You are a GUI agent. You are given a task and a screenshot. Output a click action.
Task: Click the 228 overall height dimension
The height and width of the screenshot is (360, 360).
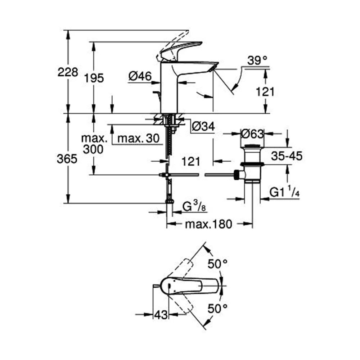pos(68,72)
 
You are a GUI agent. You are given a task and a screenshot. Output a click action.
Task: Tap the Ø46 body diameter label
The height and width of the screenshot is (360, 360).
pos(140,76)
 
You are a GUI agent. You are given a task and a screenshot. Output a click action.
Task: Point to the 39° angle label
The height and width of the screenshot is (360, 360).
pos(257,61)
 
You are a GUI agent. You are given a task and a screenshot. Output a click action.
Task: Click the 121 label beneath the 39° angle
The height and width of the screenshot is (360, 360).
pos(265,92)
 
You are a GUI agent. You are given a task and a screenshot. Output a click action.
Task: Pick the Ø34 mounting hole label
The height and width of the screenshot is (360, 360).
pos(203,126)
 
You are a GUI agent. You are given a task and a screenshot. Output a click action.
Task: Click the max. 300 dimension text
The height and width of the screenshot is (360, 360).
pos(94,144)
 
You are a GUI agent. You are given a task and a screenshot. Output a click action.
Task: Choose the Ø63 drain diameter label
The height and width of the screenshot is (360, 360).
pos(252,134)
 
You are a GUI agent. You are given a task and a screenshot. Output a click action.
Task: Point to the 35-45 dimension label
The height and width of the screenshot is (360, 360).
pos(287,156)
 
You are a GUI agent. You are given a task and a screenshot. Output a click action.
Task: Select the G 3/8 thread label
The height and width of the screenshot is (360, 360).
pos(194,208)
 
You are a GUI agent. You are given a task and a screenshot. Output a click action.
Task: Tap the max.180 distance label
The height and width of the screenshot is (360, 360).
pos(208,225)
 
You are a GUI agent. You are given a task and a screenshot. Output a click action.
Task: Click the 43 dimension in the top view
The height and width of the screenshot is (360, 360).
pos(161,315)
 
